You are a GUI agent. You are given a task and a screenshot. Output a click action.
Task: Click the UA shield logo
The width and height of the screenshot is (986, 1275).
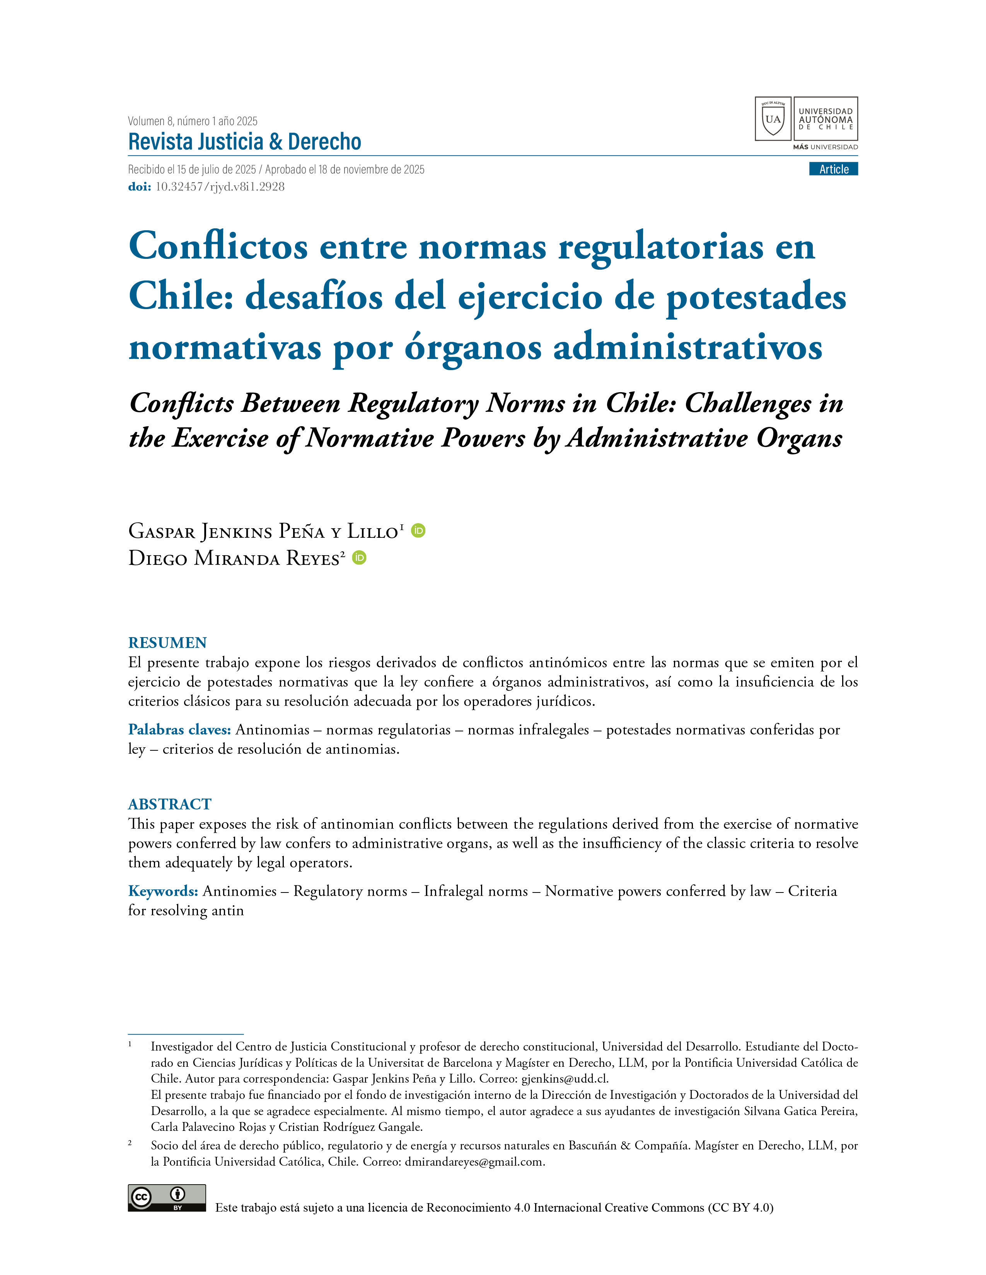point(773,119)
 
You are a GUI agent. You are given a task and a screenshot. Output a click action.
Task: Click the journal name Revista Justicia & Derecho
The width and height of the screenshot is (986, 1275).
point(245,142)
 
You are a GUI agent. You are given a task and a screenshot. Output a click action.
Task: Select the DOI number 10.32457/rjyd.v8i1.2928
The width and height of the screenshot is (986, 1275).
point(220,187)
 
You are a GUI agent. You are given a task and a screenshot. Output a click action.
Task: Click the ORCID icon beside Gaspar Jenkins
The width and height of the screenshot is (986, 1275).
point(418,530)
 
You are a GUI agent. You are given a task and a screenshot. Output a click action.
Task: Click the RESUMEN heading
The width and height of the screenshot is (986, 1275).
point(167,643)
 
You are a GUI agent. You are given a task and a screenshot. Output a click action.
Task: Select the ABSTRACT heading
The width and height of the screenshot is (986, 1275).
point(169,804)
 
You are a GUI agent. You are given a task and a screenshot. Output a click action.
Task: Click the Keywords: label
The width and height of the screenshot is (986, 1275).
point(163,891)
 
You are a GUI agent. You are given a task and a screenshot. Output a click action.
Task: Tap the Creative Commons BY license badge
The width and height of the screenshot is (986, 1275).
point(167,1198)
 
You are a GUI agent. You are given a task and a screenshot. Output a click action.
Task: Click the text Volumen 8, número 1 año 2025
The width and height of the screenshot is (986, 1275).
point(193,121)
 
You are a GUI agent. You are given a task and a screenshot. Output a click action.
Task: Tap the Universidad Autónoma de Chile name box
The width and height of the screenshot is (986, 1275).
point(826,119)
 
